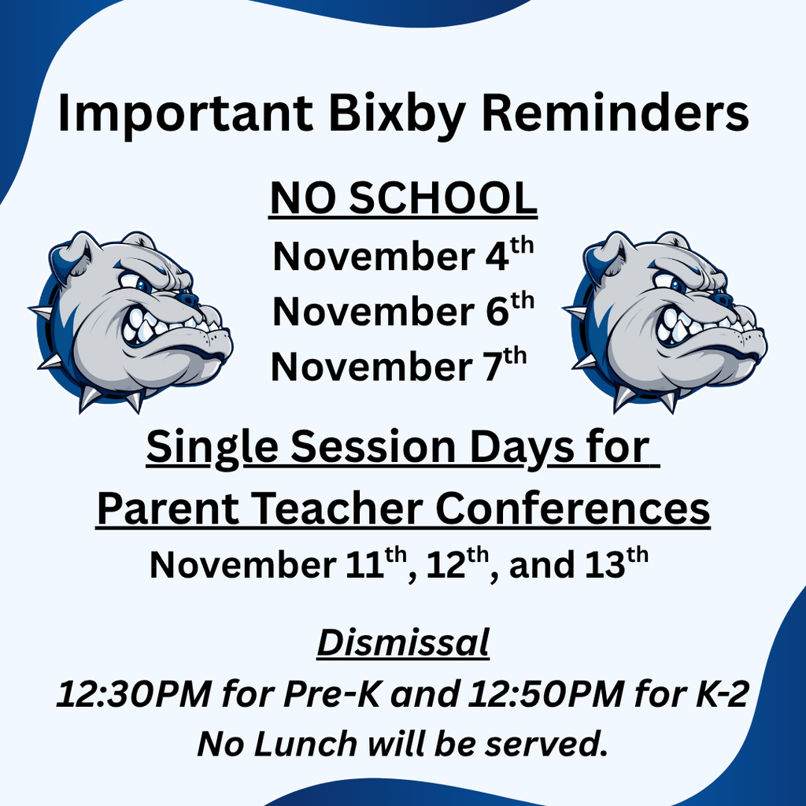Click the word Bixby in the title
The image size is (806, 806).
pyautogui.click(x=397, y=115)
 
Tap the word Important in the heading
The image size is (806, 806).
pyautogui.click(x=186, y=115)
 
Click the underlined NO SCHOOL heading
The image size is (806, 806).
pyautogui.click(x=403, y=199)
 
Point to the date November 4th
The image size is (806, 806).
pyautogui.click(x=403, y=255)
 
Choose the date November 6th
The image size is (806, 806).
pyautogui.click(x=403, y=310)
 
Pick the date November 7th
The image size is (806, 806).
pyautogui.click(x=399, y=365)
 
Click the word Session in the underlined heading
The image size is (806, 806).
pyautogui.click(x=373, y=447)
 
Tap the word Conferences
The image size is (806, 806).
pyautogui.click(x=573, y=508)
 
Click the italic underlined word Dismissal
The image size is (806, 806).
pyautogui.click(x=403, y=642)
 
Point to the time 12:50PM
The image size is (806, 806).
pyautogui.click(x=546, y=694)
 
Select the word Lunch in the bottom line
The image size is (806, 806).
pyautogui.click(x=305, y=744)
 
